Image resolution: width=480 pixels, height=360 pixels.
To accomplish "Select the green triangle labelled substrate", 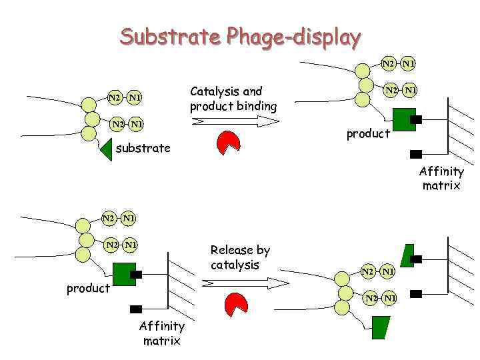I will pyautogui.click(x=105, y=150).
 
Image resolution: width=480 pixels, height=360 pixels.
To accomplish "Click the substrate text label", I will pyautogui.click(x=143, y=148).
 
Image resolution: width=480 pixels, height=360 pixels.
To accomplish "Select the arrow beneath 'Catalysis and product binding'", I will pyautogui.click(x=235, y=121).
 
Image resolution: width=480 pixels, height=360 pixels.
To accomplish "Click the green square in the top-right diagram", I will pyautogui.click(x=403, y=120).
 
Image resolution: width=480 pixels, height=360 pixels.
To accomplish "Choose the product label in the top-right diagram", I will pyautogui.click(x=368, y=134).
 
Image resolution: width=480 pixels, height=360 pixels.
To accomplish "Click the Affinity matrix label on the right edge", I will pyautogui.click(x=441, y=179).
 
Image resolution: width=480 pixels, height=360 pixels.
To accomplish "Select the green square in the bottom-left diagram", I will pyautogui.click(x=124, y=274).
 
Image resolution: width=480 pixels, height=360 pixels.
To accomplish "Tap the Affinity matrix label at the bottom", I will pyautogui.click(x=161, y=333).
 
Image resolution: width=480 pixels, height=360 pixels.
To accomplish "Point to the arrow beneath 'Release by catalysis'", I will pyautogui.click(x=245, y=283).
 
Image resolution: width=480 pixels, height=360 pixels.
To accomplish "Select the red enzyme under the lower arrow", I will pyautogui.click(x=236, y=303).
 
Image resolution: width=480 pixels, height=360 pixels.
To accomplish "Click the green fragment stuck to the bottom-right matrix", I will pyautogui.click(x=407, y=255).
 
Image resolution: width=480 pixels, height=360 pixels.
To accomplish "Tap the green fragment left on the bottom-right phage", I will pyautogui.click(x=380, y=327).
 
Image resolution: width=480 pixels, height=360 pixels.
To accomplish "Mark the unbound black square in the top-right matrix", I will pyautogui.click(x=416, y=154).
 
